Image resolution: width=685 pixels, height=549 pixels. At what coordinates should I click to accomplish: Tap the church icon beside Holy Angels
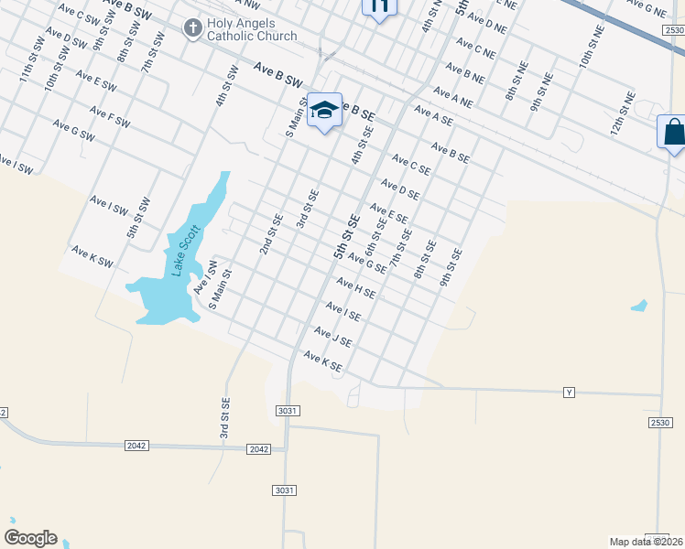pyautogui.click(x=192, y=28)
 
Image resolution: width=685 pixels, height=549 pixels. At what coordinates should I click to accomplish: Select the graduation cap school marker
pyautogui.click(x=323, y=110)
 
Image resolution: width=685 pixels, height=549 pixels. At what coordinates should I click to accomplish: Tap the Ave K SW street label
pyautogui.click(x=92, y=257)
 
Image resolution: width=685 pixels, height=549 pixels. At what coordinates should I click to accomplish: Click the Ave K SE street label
pyautogui.click(x=322, y=361)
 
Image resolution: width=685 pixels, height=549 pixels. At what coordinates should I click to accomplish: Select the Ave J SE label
pyautogui.click(x=333, y=338)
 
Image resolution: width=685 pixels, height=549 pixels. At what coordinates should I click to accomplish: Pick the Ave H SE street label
pyautogui.click(x=355, y=289)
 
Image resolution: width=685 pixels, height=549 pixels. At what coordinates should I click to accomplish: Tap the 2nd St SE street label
pyautogui.click(x=269, y=234)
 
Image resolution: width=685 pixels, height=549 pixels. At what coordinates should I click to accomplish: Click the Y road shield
pyautogui.click(x=569, y=393)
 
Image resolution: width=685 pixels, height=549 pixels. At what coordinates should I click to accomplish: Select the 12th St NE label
pyautogui.click(x=623, y=113)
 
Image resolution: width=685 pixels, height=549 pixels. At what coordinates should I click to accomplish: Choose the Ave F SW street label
pyautogui.click(x=110, y=117)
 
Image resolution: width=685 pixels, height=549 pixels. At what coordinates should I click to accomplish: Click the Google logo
pyautogui.click(x=30, y=538)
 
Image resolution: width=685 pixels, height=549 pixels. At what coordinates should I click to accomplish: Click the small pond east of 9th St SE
pyautogui.click(x=639, y=305)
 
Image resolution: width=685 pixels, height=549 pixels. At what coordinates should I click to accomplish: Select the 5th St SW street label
pyautogui.click(x=137, y=221)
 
